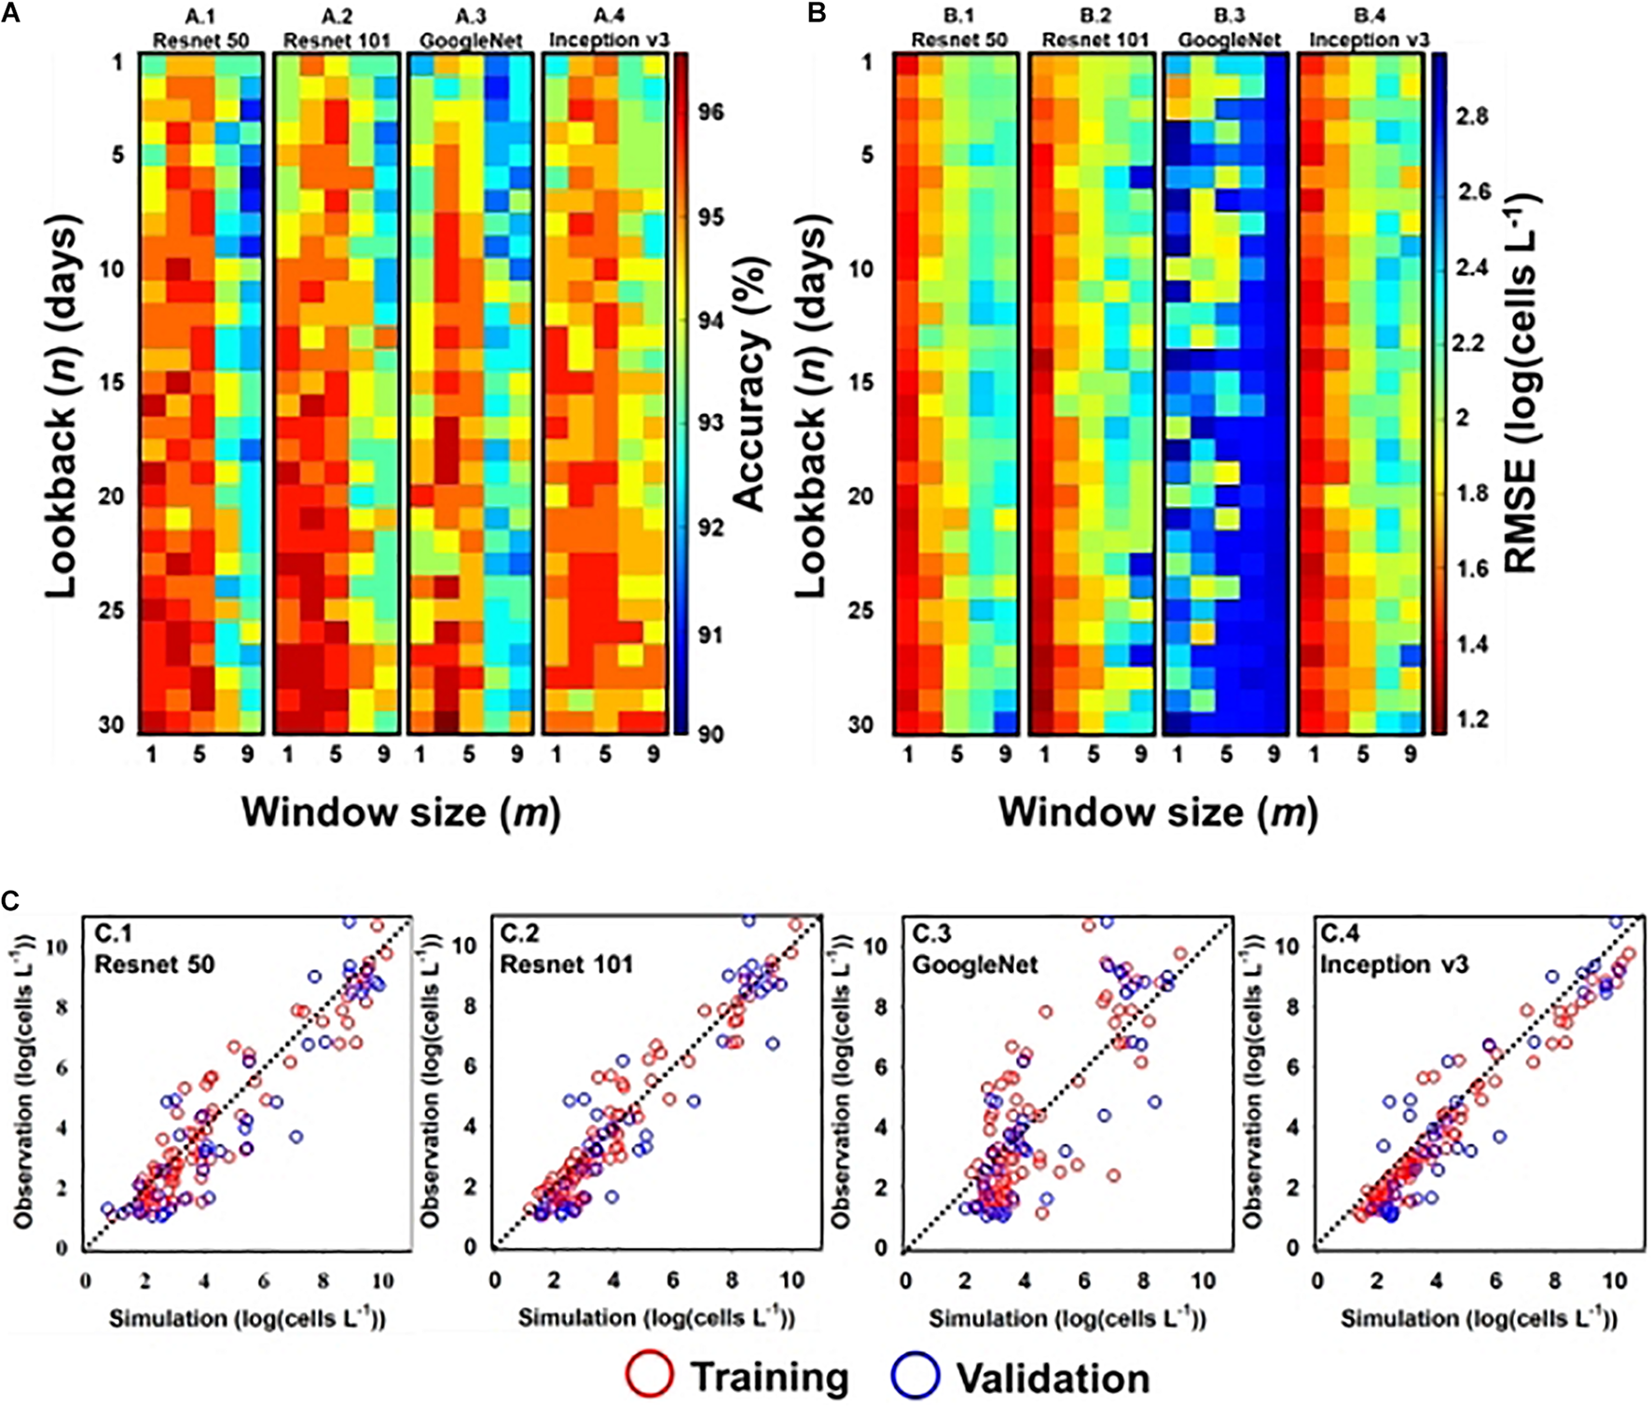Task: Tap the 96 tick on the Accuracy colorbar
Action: click(x=710, y=112)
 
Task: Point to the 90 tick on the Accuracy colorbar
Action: click(x=710, y=734)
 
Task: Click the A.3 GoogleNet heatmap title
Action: click(x=471, y=29)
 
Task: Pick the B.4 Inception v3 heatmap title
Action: click(x=1370, y=29)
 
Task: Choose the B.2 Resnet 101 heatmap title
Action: click(x=1095, y=29)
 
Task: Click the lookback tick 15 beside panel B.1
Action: click(x=866, y=382)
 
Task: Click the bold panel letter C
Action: click(x=10, y=902)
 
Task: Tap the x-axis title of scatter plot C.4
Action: click(x=1479, y=1318)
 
